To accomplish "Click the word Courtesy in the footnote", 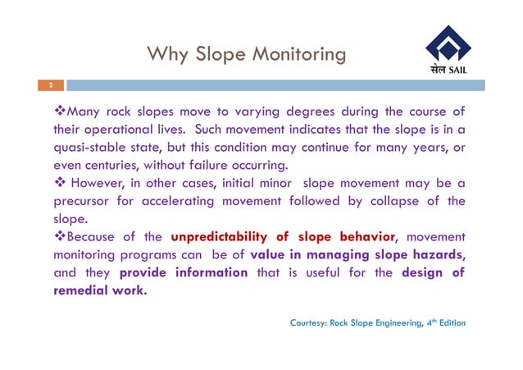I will [x=309, y=323].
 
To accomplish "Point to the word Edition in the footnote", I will [x=449, y=323].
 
